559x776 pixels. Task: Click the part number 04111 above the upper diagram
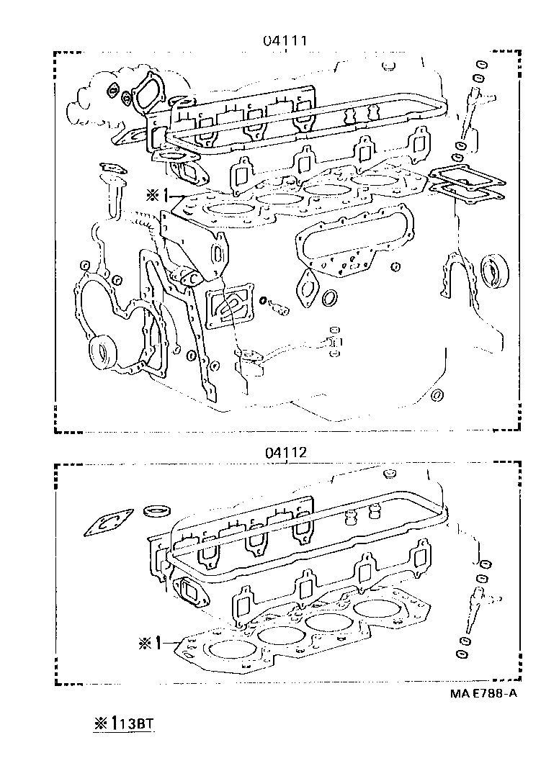tap(285, 41)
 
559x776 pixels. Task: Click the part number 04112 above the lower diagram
tap(285, 453)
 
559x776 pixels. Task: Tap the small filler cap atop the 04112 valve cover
tap(389, 474)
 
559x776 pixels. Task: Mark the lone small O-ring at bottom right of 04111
tap(436, 394)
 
